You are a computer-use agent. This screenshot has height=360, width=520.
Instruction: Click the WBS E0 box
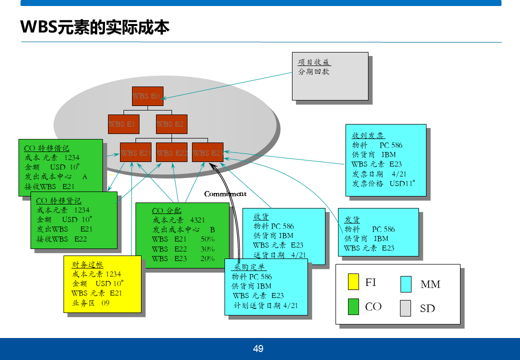tap(147, 96)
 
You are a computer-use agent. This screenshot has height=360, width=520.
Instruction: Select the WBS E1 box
tap(123, 124)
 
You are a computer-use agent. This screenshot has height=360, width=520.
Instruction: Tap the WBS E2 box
tap(171, 124)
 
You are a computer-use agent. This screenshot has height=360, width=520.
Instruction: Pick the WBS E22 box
tap(171, 152)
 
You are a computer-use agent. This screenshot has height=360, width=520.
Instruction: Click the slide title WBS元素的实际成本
tap(95, 27)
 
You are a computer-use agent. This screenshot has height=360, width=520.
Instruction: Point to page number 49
tap(258, 349)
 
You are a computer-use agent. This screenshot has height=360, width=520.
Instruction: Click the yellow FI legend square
tap(353, 282)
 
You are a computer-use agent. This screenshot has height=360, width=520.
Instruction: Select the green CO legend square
tap(353, 306)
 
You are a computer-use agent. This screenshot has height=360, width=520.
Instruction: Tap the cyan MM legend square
tap(405, 284)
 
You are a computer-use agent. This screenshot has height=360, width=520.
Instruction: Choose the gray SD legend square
tap(405, 308)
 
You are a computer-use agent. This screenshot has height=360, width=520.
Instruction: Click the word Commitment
tap(225, 194)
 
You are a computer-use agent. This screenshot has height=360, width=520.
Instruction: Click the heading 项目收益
tap(314, 62)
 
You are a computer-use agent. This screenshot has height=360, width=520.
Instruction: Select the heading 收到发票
tap(368, 135)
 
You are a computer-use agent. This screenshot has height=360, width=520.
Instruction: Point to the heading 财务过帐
tap(87, 264)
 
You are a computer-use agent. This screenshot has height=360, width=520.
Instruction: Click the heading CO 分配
tap(167, 210)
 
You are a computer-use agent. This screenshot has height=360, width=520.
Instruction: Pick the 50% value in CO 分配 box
tap(207, 239)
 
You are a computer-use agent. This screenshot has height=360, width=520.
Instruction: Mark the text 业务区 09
tap(90, 303)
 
